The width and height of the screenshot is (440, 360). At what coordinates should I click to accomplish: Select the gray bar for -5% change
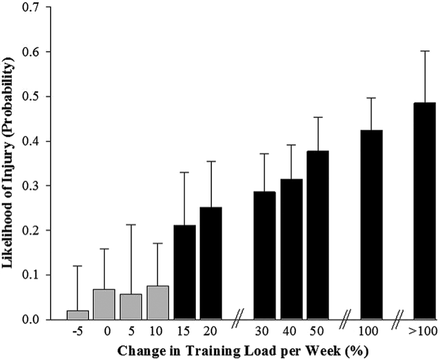(77, 315)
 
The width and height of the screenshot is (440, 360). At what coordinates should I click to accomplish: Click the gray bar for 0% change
(104, 304)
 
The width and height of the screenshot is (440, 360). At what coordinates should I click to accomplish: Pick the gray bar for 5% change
(131, 307)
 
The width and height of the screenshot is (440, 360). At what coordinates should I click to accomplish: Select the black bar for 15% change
(185, 272)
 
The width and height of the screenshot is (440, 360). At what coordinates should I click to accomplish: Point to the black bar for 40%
(292, 249)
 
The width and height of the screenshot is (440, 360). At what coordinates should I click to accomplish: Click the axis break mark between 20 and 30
(238, 321)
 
